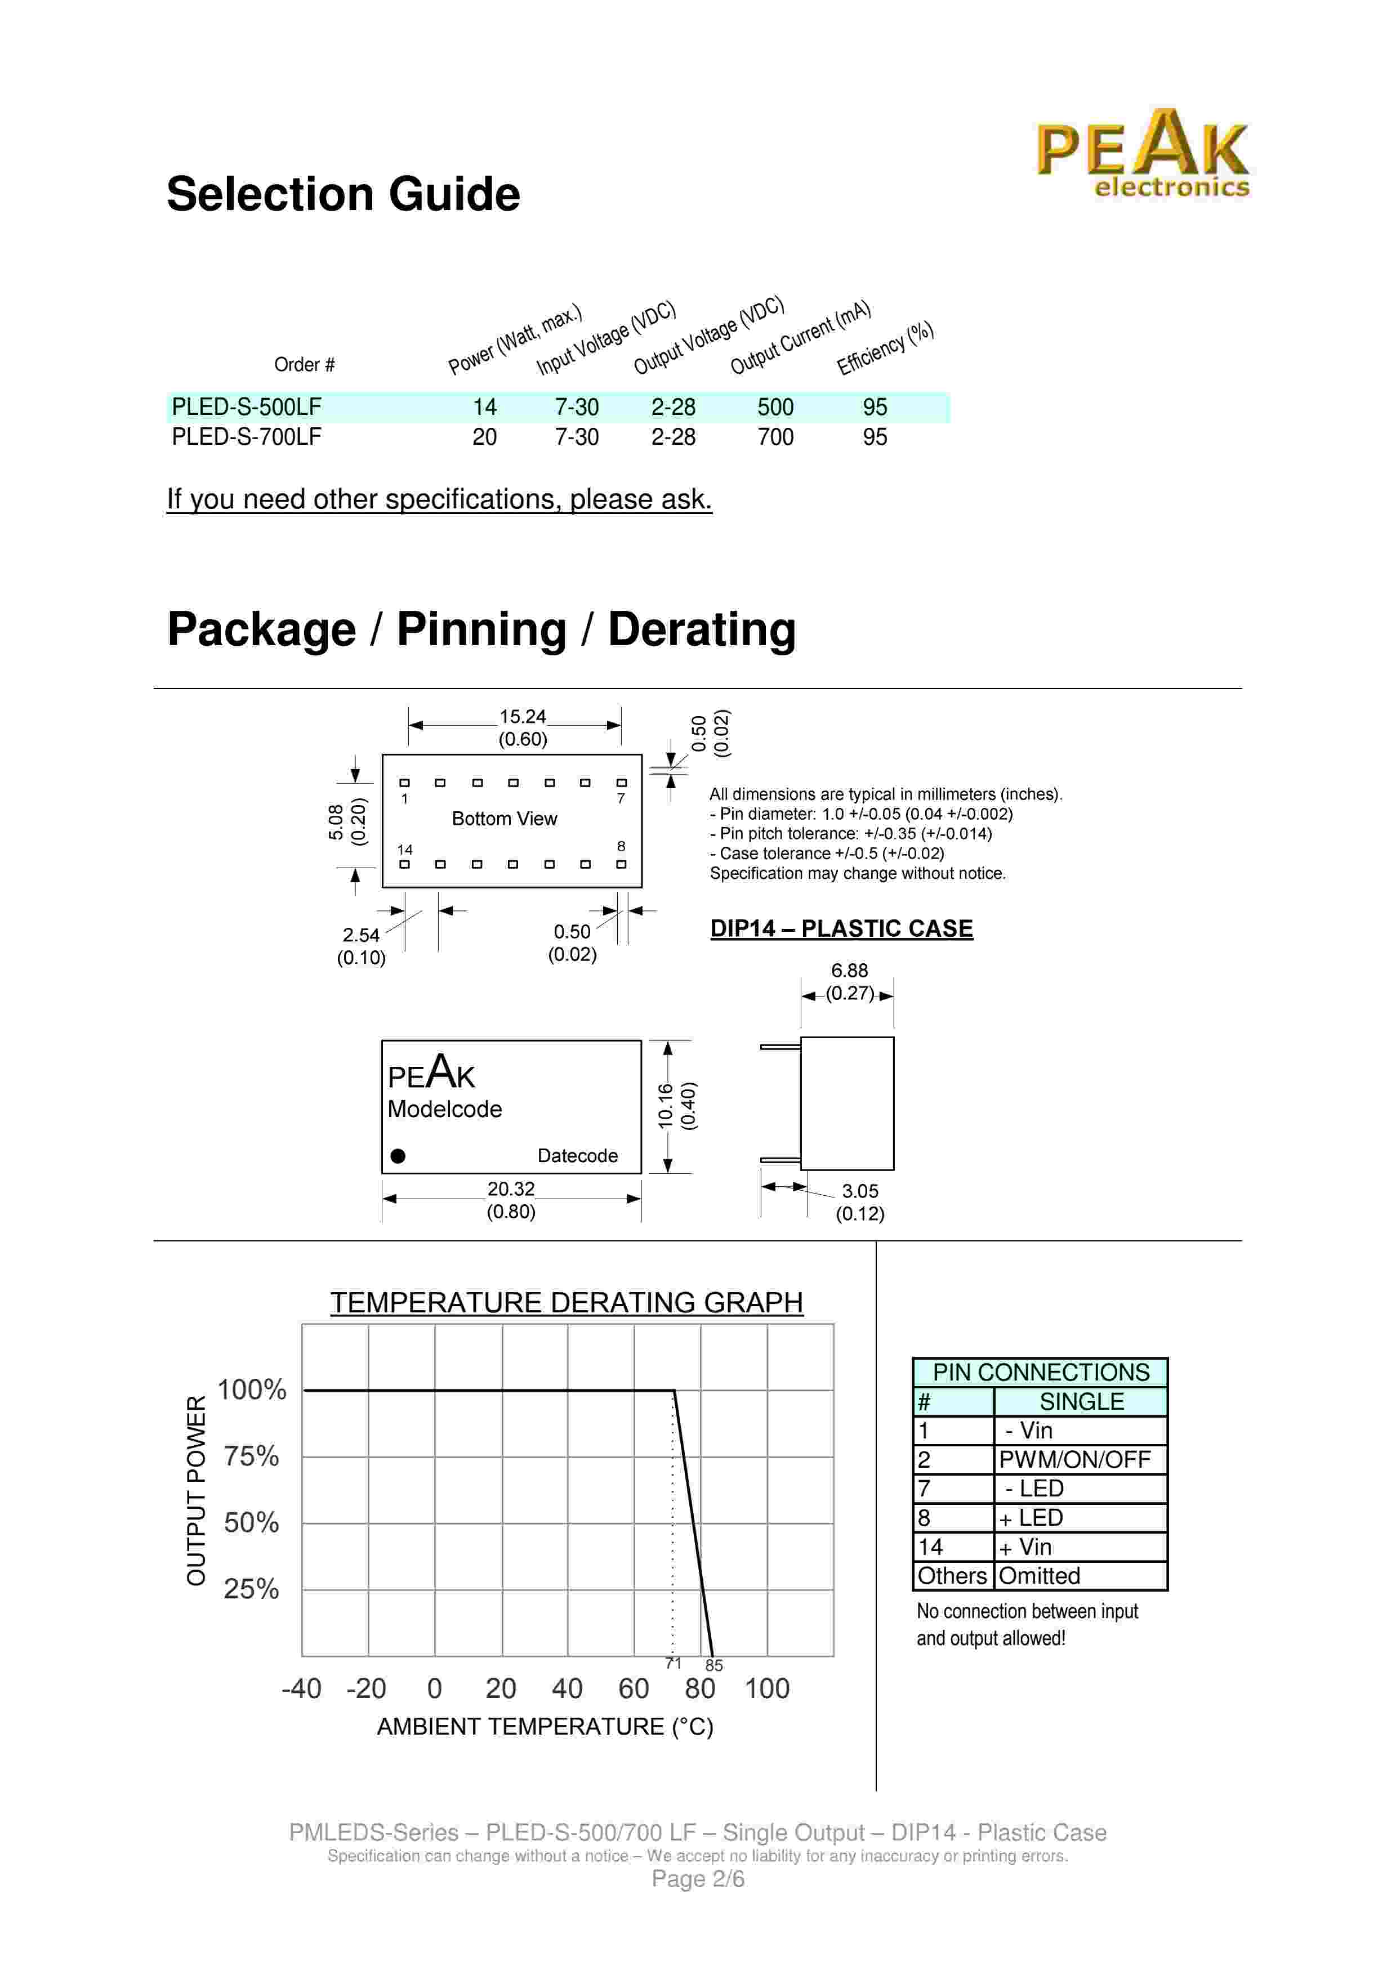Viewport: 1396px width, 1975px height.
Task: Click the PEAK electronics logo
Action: [x=1141, y=155]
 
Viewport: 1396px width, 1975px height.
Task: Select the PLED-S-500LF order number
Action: [x=246, y=407]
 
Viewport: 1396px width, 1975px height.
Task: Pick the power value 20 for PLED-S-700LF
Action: [x=484, y=437]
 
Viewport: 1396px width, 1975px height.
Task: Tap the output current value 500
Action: [x=775, y=407]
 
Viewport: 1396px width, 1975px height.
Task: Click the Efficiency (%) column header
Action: [x=885, y=348]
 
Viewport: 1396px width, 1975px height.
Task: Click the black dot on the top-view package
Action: [x=398, y=1155]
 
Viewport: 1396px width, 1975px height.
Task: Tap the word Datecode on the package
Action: [x=577, y=1155]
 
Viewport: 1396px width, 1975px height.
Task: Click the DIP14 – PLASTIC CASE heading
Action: [x=841, y=928]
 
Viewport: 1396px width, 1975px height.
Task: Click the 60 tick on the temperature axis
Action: [x=633, y=1688]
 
